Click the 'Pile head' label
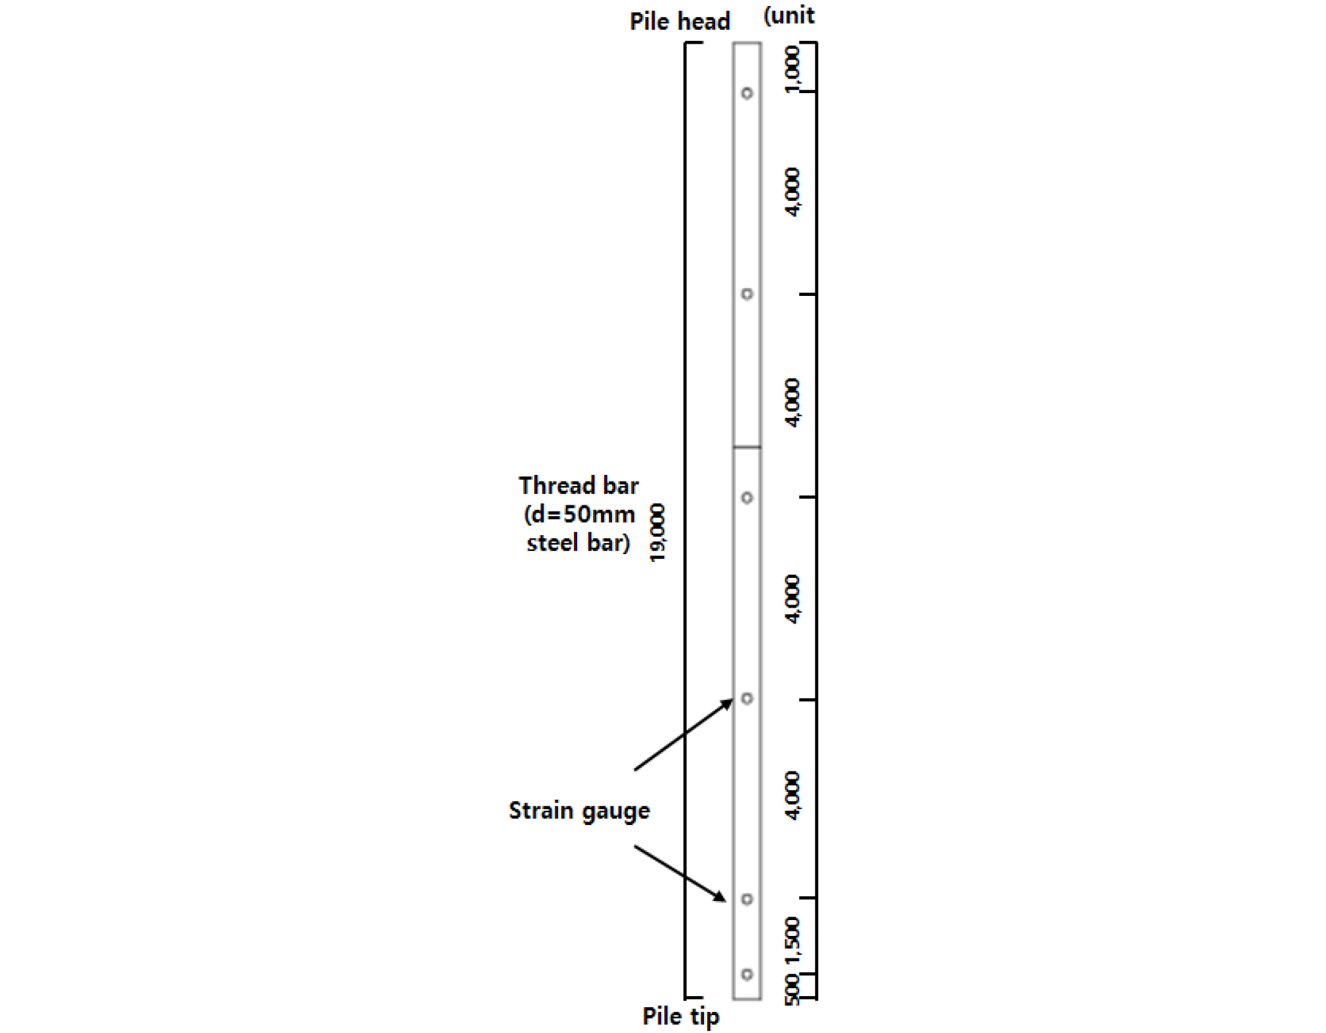tap(680, 22)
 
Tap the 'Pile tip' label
tap(681, 1016)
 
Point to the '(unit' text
tap(788, 15)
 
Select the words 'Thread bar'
tap(578, 485)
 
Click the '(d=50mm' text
tap(579, 515)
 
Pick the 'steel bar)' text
tap(578, 543)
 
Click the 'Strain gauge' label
tap(579, 810)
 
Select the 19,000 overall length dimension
tap(658, 533)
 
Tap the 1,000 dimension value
tap(792, 69)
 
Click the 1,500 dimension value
tap(792, 941)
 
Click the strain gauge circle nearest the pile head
tap(747, 93)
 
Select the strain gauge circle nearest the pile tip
tap(747, 974)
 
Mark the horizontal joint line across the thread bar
tap(747, 447)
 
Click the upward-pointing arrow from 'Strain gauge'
tap(683, 734)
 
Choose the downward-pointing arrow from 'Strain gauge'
tap(680, 873)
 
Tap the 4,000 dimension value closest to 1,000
tap(792, 192)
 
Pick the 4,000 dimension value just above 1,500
tap(792, 795)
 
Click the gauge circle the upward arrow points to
tap(747, 698)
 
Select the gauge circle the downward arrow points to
tap(747, 899)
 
